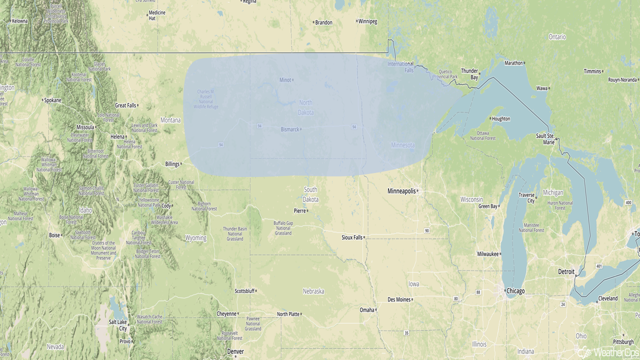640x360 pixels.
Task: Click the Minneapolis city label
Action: pos(402,191)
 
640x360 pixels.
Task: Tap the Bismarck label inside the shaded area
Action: pos(290,129)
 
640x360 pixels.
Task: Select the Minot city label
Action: pos(285,80)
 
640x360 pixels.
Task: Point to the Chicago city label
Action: pos(515,291)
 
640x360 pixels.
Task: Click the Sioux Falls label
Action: pos(352,237)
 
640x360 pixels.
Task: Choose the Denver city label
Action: pos(235,351)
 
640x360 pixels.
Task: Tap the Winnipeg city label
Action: pos(367,21)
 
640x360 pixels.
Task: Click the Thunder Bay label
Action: pos(469,74)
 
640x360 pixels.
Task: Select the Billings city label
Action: pos(172,164)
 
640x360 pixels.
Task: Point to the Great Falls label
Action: pos(125,105)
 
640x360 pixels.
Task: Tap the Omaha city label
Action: pos(367,310)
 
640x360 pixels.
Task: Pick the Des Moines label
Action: pos(399,299)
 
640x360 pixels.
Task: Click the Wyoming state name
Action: pos(195,238)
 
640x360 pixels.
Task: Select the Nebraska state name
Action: pos(313,291)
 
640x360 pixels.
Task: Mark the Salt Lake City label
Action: pos(119,325)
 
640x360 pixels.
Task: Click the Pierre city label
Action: pos(299,210)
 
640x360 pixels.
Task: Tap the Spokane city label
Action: pos(52,100)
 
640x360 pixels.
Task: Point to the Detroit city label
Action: pos(566,271)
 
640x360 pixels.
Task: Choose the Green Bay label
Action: pos(488,206)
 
